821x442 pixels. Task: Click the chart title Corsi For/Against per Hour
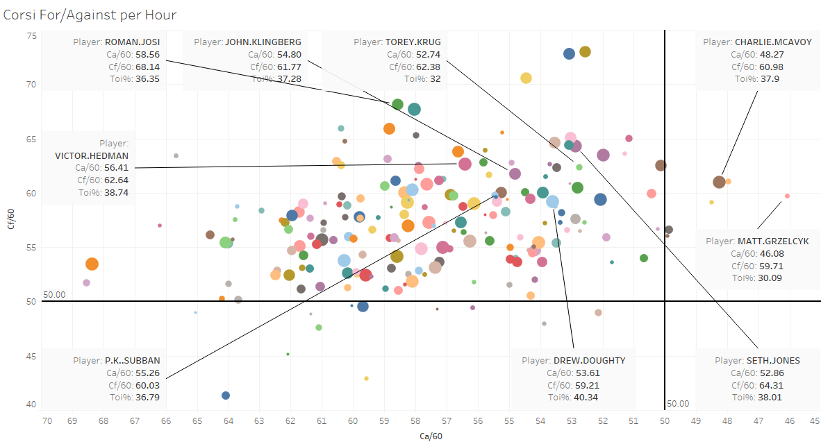click(90, 15)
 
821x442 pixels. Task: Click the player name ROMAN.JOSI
click(132, 42)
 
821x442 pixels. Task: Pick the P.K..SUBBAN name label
click(132, 360)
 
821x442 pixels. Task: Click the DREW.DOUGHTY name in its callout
click(589, 360)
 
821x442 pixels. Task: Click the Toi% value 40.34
click(585, 398)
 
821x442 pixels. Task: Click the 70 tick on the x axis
click(47, 420)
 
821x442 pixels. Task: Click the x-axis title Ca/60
click(431, 436)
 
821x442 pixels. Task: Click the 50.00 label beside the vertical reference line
click(678, 403)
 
